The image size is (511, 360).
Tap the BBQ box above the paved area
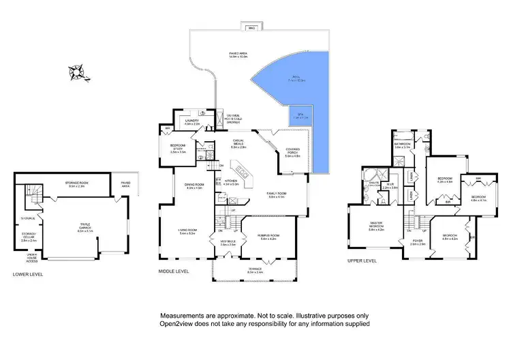(x=249, y=28)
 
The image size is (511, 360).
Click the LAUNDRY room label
(x=191, y=122)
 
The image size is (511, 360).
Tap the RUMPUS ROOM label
(x=272, y=237)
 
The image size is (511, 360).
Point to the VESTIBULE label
(x=227, y=241)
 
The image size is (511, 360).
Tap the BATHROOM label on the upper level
(x=402, y=144)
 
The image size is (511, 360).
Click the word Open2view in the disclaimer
(x=181, y=325)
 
